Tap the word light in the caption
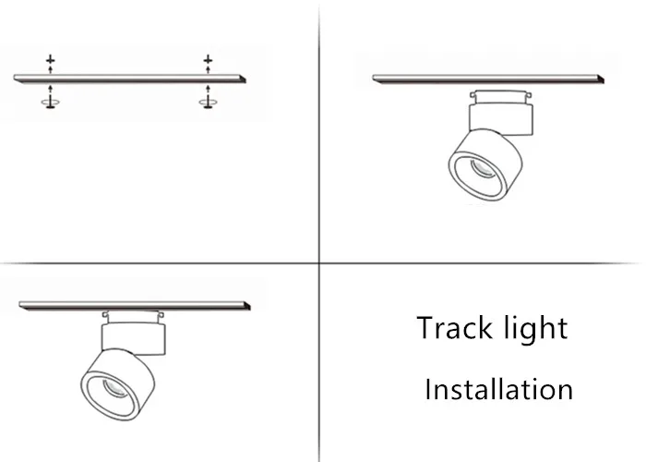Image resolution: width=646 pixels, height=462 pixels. click(535, 329)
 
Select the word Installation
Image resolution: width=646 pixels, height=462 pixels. click(498, 389)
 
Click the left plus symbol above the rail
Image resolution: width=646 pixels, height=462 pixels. click(51, 60)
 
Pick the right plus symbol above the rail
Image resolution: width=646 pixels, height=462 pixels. click(208, 60)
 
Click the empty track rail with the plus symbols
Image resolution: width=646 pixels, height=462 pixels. click(129, 78)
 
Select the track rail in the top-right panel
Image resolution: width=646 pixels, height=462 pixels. click(490, 80)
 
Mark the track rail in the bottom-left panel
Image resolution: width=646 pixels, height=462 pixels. click(134, 305)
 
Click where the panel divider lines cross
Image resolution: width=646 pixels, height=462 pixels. click(319, 263)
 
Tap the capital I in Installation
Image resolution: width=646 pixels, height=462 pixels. click(427, 389)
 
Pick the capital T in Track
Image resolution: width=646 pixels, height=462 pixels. click(425, 328)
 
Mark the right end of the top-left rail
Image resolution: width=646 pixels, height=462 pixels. click(244, 79)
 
